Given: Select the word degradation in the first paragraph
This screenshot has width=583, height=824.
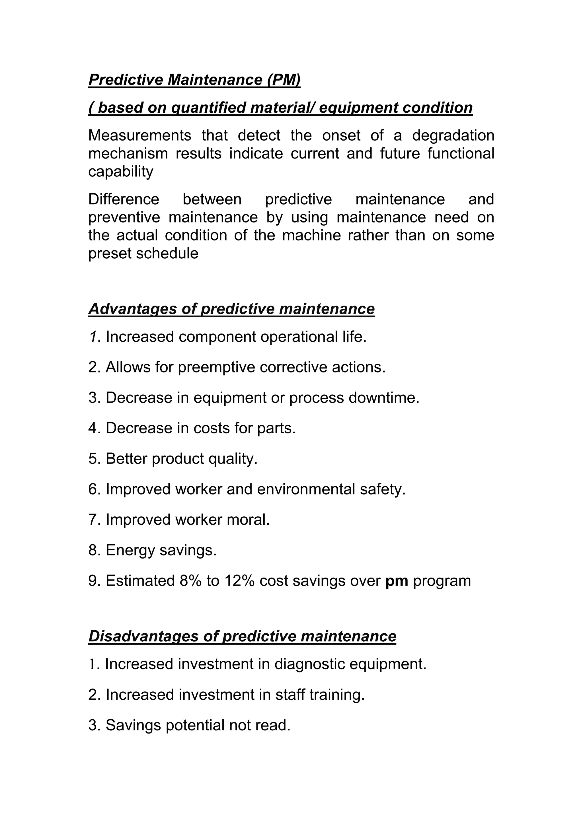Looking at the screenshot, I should (453, 136).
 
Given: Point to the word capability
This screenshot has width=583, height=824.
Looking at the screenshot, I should (121, 172).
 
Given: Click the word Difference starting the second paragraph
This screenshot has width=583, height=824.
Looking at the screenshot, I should (124, 199).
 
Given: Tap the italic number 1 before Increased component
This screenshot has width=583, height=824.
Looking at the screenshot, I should (93, 337).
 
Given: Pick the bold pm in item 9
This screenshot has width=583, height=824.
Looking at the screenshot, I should (397, 581).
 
